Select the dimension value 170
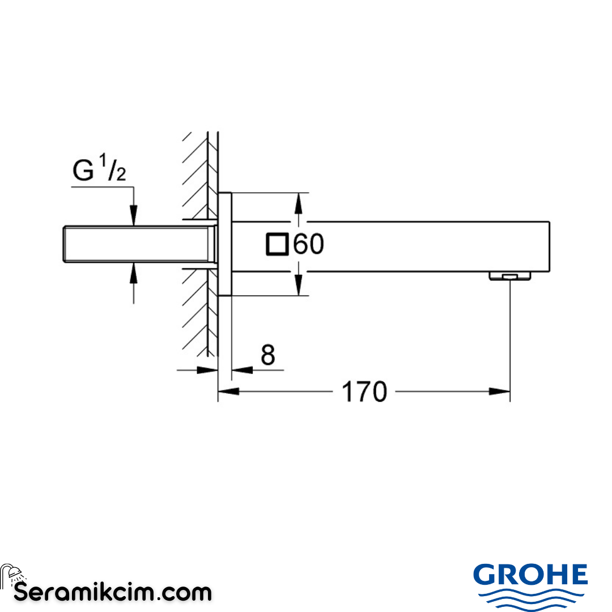point(364,392)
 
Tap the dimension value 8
point(267,356)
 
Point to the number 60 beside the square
point(308,244)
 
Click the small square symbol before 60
point(278,244)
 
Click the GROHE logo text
point(530,576)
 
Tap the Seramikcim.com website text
point(112,593)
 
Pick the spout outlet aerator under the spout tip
point(509,276)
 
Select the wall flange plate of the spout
point(225,244)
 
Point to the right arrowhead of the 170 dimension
point(501,391)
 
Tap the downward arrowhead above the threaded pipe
point(134,218)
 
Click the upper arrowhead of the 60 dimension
point(299,202)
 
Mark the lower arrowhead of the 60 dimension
point(299,287)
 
